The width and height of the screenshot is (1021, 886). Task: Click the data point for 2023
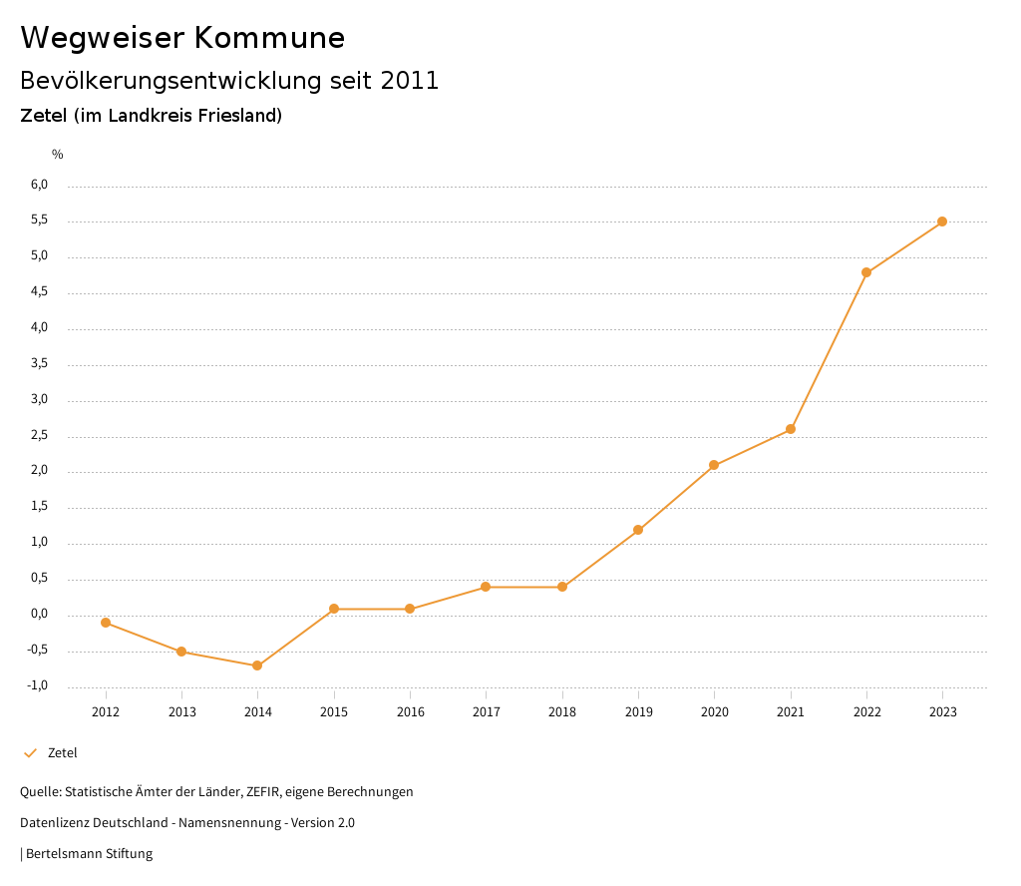click(942, 221)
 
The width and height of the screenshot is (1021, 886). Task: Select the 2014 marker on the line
click(257, 665)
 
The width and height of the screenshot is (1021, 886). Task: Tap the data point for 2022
click(866, 272)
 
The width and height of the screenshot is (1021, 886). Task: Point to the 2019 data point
click(638, 530)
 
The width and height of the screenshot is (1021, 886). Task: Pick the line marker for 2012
click(106, 623)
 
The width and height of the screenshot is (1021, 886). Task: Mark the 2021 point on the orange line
click(791, 429)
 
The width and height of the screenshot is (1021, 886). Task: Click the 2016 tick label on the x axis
click(410, 711)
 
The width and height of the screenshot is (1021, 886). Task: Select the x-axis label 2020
click(714, 711)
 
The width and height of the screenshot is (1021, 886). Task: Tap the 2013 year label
click(181, 711)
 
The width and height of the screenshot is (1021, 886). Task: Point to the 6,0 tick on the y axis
click(39, 185)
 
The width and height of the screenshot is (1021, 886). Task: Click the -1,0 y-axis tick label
click(38, 685)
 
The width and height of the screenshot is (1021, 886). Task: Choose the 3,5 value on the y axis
click(39, 363)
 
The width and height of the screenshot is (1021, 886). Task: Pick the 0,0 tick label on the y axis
click(39, 614)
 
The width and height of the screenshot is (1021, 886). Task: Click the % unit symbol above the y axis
click(58, 154)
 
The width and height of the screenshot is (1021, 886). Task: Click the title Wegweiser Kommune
click(182, 38)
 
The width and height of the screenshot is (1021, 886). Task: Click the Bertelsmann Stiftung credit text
click(89, 853)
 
